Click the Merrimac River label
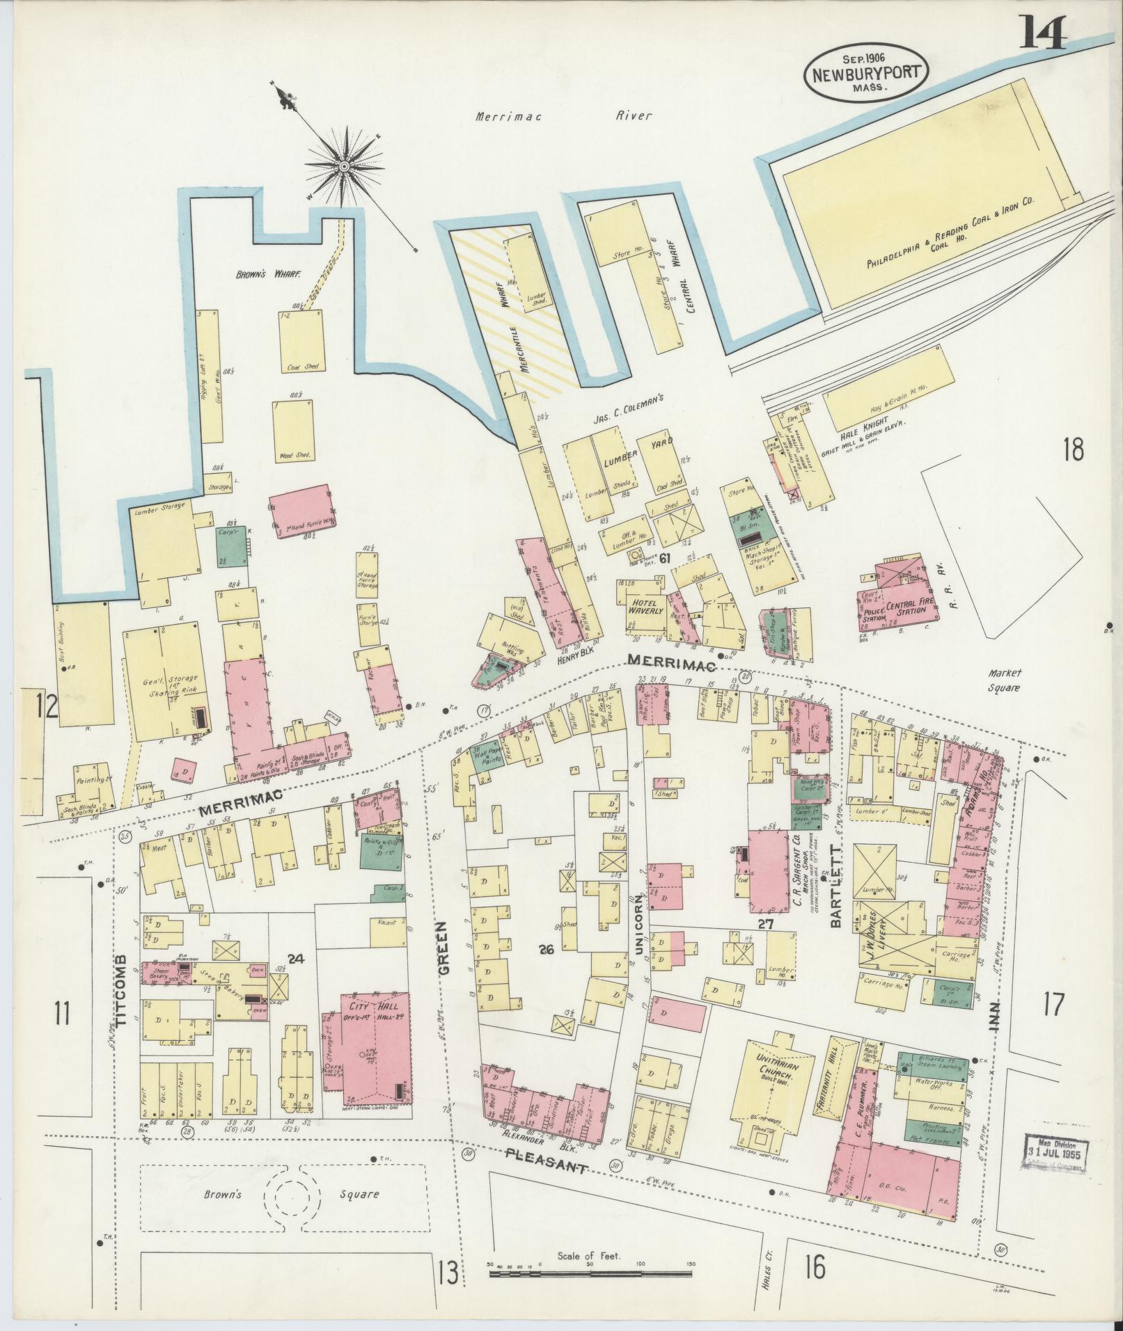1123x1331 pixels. [x=563, y=116]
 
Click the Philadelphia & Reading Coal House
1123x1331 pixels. [x=922, y=240]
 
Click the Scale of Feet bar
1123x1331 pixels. [x=592, y=1274]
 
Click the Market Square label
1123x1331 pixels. [x=1003, y=680]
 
